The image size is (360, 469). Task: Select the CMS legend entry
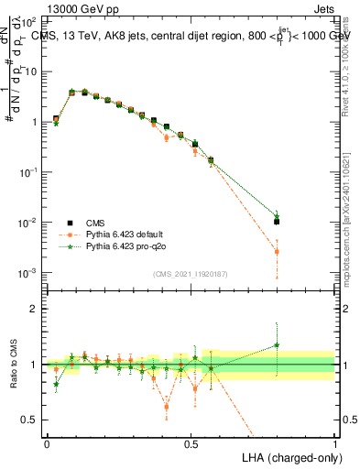95,222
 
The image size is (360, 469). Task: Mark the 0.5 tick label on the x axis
191,443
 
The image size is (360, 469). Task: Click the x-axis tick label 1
335,443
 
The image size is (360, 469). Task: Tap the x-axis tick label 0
47,443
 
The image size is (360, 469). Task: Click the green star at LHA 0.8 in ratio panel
277,345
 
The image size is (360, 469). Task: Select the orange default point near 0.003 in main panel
277,251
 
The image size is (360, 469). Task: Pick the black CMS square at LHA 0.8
277,222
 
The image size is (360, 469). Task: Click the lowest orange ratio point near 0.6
166,406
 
